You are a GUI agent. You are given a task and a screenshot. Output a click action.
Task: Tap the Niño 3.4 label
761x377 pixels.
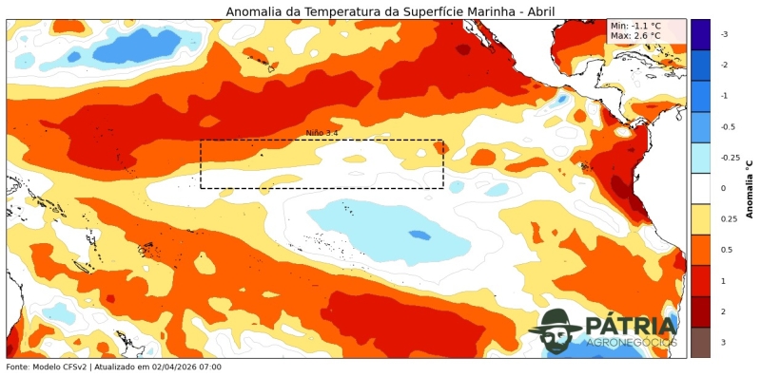pos(322,133)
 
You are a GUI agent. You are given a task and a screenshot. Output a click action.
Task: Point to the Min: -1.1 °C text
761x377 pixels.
pos(635,26)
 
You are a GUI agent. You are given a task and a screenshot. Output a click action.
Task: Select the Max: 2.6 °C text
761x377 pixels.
pos(636,36)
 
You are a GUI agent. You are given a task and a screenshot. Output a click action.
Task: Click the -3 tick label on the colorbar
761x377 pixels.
pos(724,34)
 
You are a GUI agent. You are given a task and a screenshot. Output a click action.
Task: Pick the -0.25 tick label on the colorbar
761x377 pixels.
pos(730,158)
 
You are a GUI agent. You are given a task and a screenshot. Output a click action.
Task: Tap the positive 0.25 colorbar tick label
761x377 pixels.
pos(728,219)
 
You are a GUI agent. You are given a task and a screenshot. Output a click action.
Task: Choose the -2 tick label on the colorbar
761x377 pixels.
pos(724,65)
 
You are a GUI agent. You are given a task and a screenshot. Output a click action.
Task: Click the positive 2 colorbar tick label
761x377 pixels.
pos(723,311)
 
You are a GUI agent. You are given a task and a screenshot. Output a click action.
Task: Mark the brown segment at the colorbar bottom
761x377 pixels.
pos(700,342)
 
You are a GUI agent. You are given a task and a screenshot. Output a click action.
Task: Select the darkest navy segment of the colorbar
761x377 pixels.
pos(700,34)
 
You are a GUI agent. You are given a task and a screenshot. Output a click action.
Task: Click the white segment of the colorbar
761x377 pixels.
pos(700,188)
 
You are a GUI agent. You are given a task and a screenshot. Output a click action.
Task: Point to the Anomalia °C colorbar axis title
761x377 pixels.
pos(750,188)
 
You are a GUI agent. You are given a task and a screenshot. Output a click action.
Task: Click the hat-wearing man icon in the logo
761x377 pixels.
pos(556,330)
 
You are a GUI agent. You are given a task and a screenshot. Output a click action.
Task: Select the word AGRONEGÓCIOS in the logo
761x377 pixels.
pos(632,342)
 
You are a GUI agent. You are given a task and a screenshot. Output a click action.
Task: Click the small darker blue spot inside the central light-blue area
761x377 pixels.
pos(419,235)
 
